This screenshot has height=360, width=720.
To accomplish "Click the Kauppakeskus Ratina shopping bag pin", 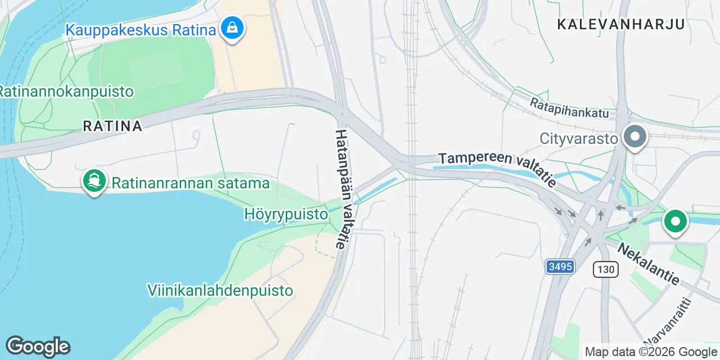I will pos(231,27).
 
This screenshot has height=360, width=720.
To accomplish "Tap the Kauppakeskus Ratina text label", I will pos(141,29).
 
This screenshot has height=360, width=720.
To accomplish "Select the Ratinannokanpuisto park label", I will pos(66,91).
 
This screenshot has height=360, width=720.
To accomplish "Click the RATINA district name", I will pos(112,126).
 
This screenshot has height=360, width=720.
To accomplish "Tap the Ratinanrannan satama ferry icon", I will pos(94,181).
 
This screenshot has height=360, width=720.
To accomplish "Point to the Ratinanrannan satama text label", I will pos(191,183).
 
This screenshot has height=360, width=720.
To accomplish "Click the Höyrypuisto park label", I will pos(286,214).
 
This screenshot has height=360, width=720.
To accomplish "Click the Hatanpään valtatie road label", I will pos(344,189).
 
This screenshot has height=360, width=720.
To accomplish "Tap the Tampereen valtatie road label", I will pos(497,168).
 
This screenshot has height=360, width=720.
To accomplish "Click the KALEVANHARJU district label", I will pos(621,24).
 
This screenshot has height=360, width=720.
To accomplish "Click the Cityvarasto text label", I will pos(579,138).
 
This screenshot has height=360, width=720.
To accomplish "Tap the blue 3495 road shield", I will pos(560,266).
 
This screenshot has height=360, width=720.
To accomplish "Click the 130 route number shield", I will pos(606,269).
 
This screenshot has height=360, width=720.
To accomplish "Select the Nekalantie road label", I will pos(649,263).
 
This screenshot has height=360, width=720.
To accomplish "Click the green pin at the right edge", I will pos(675,222).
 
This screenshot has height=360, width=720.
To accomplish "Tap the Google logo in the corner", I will pos(38,347).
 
